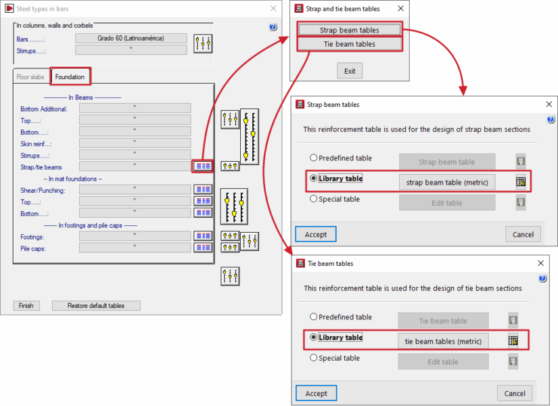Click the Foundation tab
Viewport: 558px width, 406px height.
coord(70,76)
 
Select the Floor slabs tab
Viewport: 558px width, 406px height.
coord(30,77)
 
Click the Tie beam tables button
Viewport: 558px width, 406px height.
coord(350,44)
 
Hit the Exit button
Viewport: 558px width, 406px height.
coord(350,71)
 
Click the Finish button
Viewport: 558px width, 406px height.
coord(26,306)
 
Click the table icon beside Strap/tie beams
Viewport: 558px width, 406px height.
coord(203,166)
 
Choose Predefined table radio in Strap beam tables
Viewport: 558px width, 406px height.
coord(314,158)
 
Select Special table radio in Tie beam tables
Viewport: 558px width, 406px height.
coord(314,358)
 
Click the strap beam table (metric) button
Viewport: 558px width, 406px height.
coord(447,182)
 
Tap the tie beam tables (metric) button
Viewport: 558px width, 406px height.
coord(443,341)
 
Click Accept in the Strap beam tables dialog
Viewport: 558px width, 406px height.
coord(316,234)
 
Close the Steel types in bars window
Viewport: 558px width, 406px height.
coord(273,9)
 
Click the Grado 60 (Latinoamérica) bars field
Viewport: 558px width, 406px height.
coord(131,38)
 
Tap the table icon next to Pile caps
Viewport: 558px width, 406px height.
coord(203,248)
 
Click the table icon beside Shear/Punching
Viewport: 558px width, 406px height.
coord(203,189)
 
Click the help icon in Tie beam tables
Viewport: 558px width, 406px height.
coord(542,279)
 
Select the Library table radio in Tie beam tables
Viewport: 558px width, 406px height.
coord(314,337)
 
